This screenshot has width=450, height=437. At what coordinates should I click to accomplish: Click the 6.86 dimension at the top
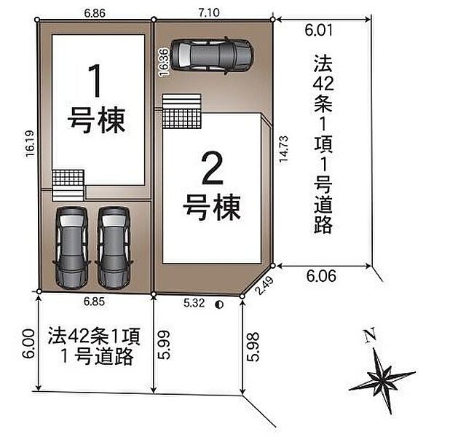(x=95, y=13)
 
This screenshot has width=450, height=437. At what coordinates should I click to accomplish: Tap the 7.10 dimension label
(x=209, y=12)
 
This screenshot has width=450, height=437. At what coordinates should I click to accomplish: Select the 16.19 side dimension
(x=30, y=143)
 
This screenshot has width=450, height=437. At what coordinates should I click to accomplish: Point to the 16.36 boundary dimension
(x=164, y=63)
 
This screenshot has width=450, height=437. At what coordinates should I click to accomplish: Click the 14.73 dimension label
(x=283, y=149)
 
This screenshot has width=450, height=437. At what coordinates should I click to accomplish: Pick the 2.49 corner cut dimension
(x=264, y=285)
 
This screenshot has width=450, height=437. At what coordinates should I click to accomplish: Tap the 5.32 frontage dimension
(x=194, y=303)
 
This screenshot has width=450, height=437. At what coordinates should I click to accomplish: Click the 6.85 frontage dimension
(x=94, y=302)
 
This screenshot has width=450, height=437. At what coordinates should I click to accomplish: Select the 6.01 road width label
(x=318, y=30)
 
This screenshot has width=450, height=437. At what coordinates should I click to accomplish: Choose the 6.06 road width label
(x=321, y=276)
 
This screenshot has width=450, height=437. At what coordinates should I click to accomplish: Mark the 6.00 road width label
(x=28, y=343)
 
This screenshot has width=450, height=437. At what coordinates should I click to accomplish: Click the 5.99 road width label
(x=165, y=345)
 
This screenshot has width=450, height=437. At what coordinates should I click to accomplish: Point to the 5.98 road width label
(x=253, y=347)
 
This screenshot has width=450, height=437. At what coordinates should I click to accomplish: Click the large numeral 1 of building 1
(x=95, y=81)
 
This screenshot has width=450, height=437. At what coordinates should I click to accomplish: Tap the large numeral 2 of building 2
(x=212, y=168)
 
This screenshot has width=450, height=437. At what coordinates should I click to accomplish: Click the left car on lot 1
(x=72, y=248)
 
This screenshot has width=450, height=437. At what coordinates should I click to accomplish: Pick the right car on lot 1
(x=114, y=248)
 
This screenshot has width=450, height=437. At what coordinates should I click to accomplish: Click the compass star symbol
(x=382, y=380)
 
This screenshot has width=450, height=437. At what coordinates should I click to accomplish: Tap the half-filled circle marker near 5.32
(x=219, y=304)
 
